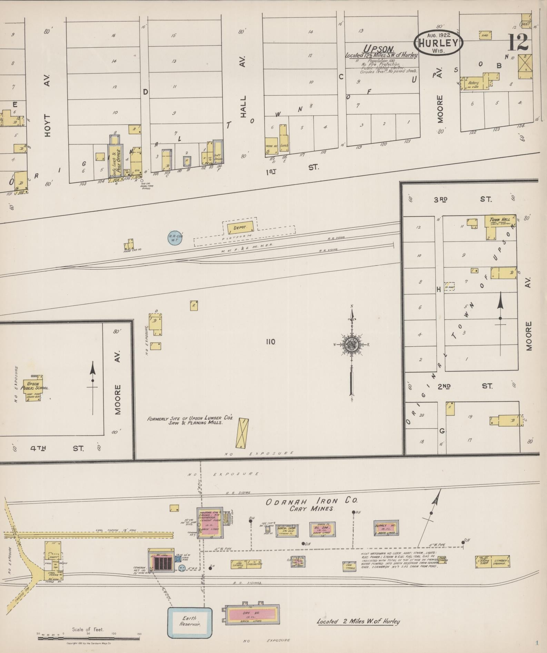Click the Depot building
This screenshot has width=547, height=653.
240,227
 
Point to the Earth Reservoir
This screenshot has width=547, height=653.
190,622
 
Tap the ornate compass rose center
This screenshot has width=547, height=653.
352,344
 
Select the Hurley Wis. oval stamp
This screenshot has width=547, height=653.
438,42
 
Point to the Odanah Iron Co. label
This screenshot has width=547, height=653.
311,501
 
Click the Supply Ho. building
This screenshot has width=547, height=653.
386,528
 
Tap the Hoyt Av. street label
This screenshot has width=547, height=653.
48,104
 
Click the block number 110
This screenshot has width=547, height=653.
270,342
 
